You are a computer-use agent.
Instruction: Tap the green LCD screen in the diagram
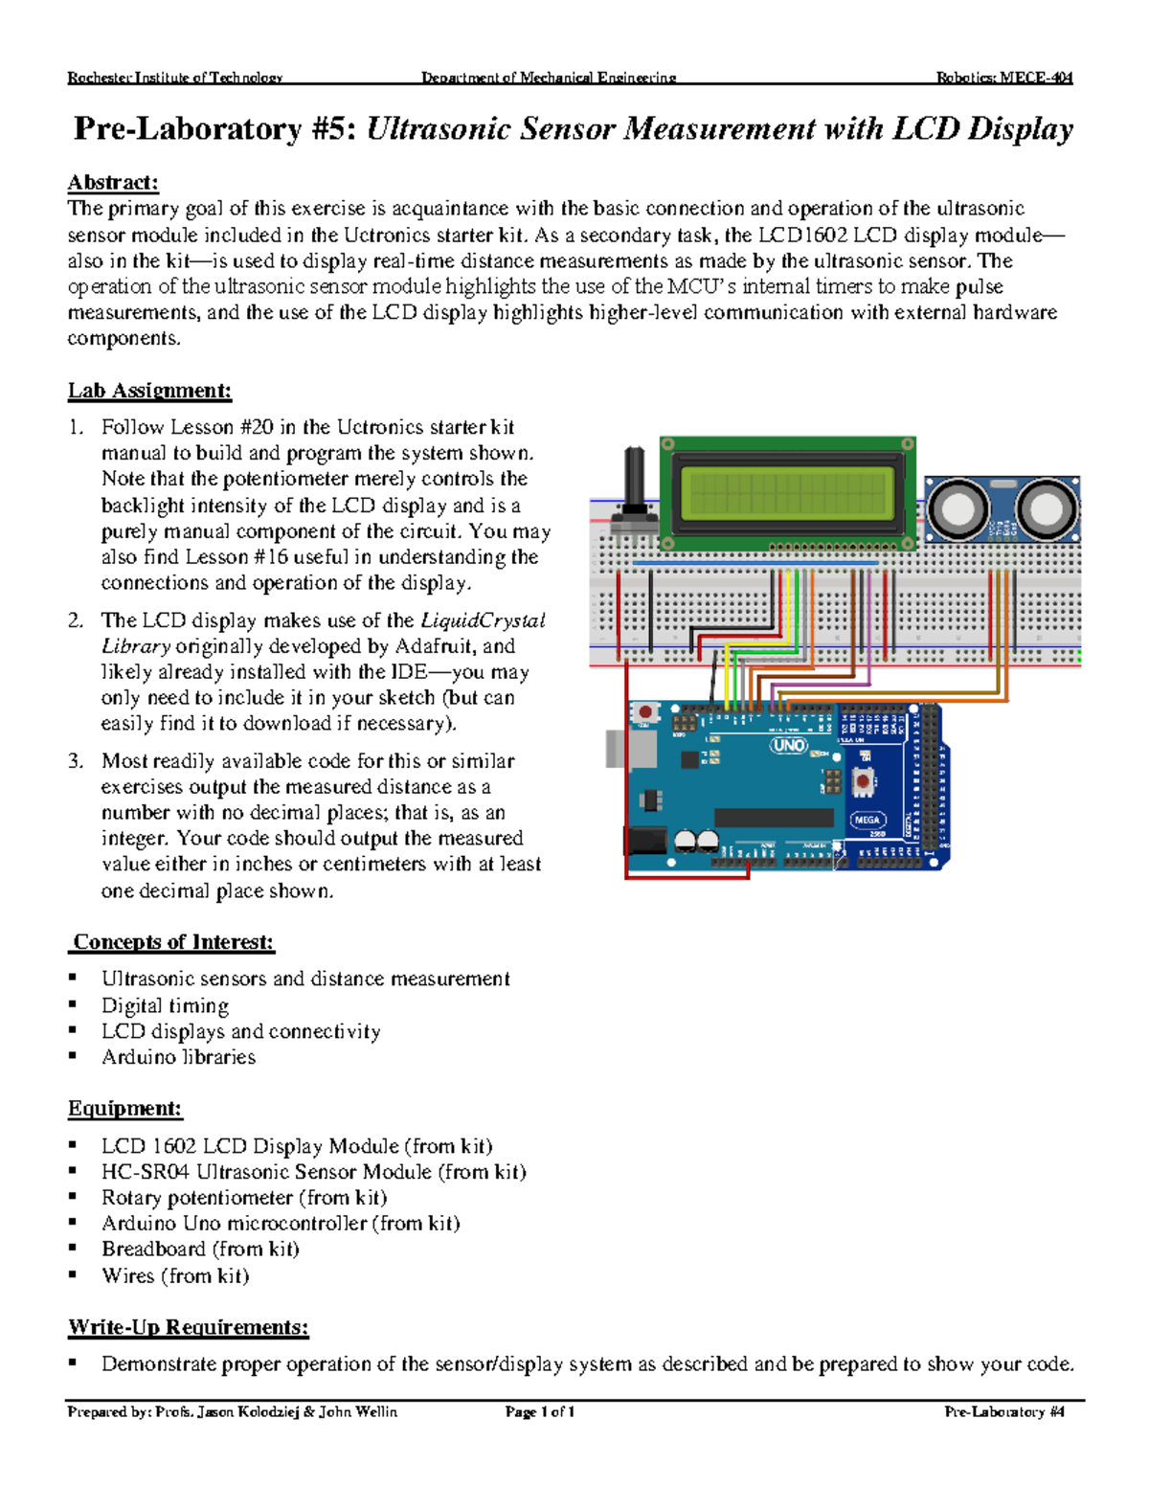click(x=787, y=493)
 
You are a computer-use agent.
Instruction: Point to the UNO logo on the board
click(x=789, y=745)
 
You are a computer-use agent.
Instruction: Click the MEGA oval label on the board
click(x=867, y=820)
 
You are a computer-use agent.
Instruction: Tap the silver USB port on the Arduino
click(x=616, y=749)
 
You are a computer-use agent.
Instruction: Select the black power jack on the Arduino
click(x=645, y=841)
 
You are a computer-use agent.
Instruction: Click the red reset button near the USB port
click(x=645, y=712)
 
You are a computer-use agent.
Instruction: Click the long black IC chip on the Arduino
click(x=774, y=817)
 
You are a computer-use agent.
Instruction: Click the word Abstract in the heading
click(x=112, y=182)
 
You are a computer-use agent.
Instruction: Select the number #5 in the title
click(x=334, y=129)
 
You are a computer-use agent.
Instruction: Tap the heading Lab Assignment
click(x=149, y=391)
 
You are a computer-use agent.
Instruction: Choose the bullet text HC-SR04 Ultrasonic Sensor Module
click(x=313, y=1172)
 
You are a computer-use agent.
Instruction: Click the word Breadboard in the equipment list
click(x=153, y=1250)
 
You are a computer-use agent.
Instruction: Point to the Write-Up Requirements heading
click(x=189, y=1327)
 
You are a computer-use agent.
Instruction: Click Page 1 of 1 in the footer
click(x=540, y=1411)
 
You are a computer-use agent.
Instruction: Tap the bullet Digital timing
click(x=165, y=1005)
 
